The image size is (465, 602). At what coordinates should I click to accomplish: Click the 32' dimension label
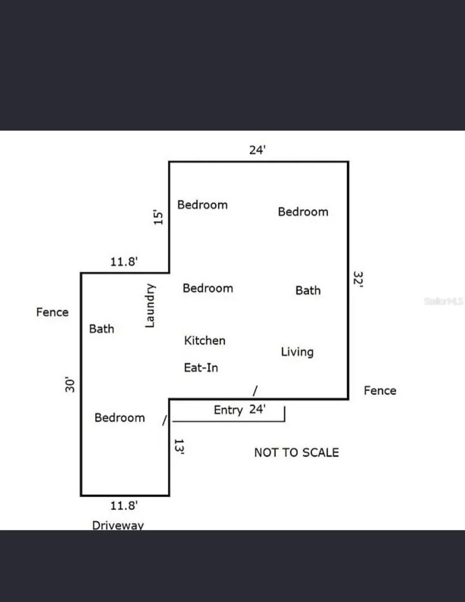click(358, 279)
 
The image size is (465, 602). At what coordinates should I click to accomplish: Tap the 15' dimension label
click(159, 217)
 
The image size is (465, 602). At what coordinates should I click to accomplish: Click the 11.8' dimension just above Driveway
click(124, 506)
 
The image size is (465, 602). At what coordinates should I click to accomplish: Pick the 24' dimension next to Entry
click(257, 409)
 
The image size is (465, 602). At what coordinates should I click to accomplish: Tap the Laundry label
click(149, 306)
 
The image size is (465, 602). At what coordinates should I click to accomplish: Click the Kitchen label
click(205, 341)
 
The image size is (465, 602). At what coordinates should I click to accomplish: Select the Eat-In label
click(201, 368)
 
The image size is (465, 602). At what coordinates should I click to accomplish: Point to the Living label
click(297, 352)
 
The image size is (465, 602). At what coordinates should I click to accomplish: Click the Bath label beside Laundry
click(101, 329)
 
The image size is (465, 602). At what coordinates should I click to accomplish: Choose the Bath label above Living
click(307, 290)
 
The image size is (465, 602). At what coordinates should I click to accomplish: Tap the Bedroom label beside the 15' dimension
click(202, 205)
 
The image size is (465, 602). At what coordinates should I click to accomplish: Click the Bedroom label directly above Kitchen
click(208, 288)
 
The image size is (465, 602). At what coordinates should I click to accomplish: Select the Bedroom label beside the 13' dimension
click(119, 418)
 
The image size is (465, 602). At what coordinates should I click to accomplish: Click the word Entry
click(228, 410)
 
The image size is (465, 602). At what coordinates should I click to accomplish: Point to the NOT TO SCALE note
click(296, 453)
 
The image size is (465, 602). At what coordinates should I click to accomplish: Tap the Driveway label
click(118, 525)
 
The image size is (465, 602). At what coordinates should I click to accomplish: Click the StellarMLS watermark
click(443, 302)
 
